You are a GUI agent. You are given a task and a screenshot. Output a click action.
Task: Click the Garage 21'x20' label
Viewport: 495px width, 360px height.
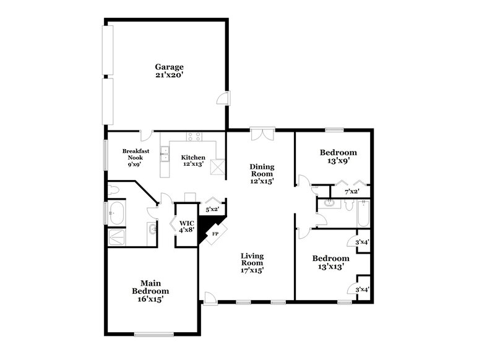169,71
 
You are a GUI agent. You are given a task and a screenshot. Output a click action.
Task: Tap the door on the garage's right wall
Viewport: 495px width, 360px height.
225,98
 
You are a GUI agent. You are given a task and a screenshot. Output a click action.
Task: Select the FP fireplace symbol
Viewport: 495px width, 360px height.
215,234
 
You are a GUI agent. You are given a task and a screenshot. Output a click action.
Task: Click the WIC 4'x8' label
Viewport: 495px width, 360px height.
187,226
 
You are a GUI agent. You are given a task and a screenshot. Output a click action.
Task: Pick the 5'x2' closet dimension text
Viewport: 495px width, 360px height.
212,209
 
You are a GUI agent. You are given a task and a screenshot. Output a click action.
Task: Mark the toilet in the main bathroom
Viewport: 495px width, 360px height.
113,189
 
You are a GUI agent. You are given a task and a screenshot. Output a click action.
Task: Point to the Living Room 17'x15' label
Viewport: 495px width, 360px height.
252,262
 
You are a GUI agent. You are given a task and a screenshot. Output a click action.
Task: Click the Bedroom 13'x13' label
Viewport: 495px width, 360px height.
330,262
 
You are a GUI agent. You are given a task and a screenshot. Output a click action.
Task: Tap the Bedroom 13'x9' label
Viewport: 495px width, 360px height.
338,156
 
